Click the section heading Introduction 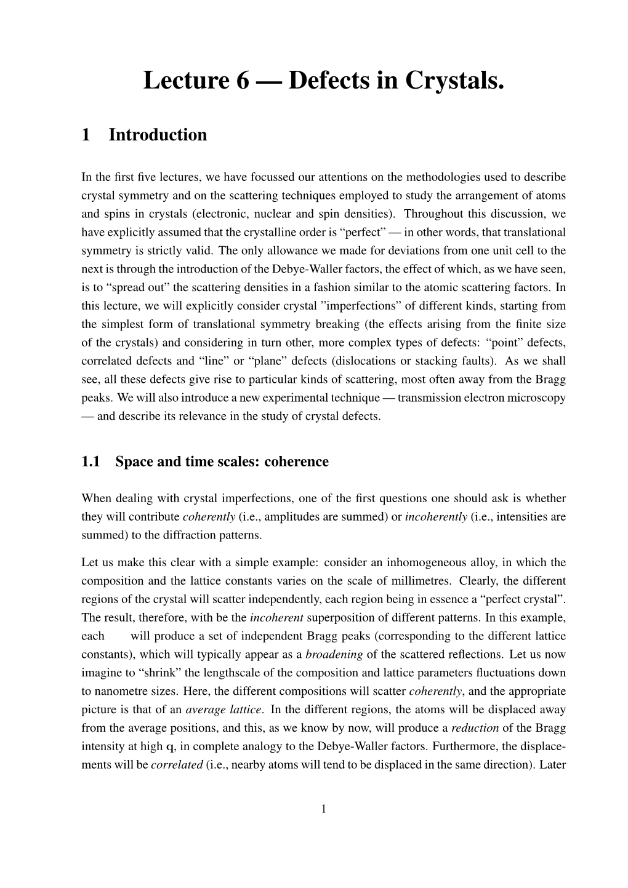coord(158,135)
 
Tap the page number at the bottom coord(323,809)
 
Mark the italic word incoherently coord(436,517)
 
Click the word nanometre coord(121,692)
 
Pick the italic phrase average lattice coord(223,710)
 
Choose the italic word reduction coord(475,728)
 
